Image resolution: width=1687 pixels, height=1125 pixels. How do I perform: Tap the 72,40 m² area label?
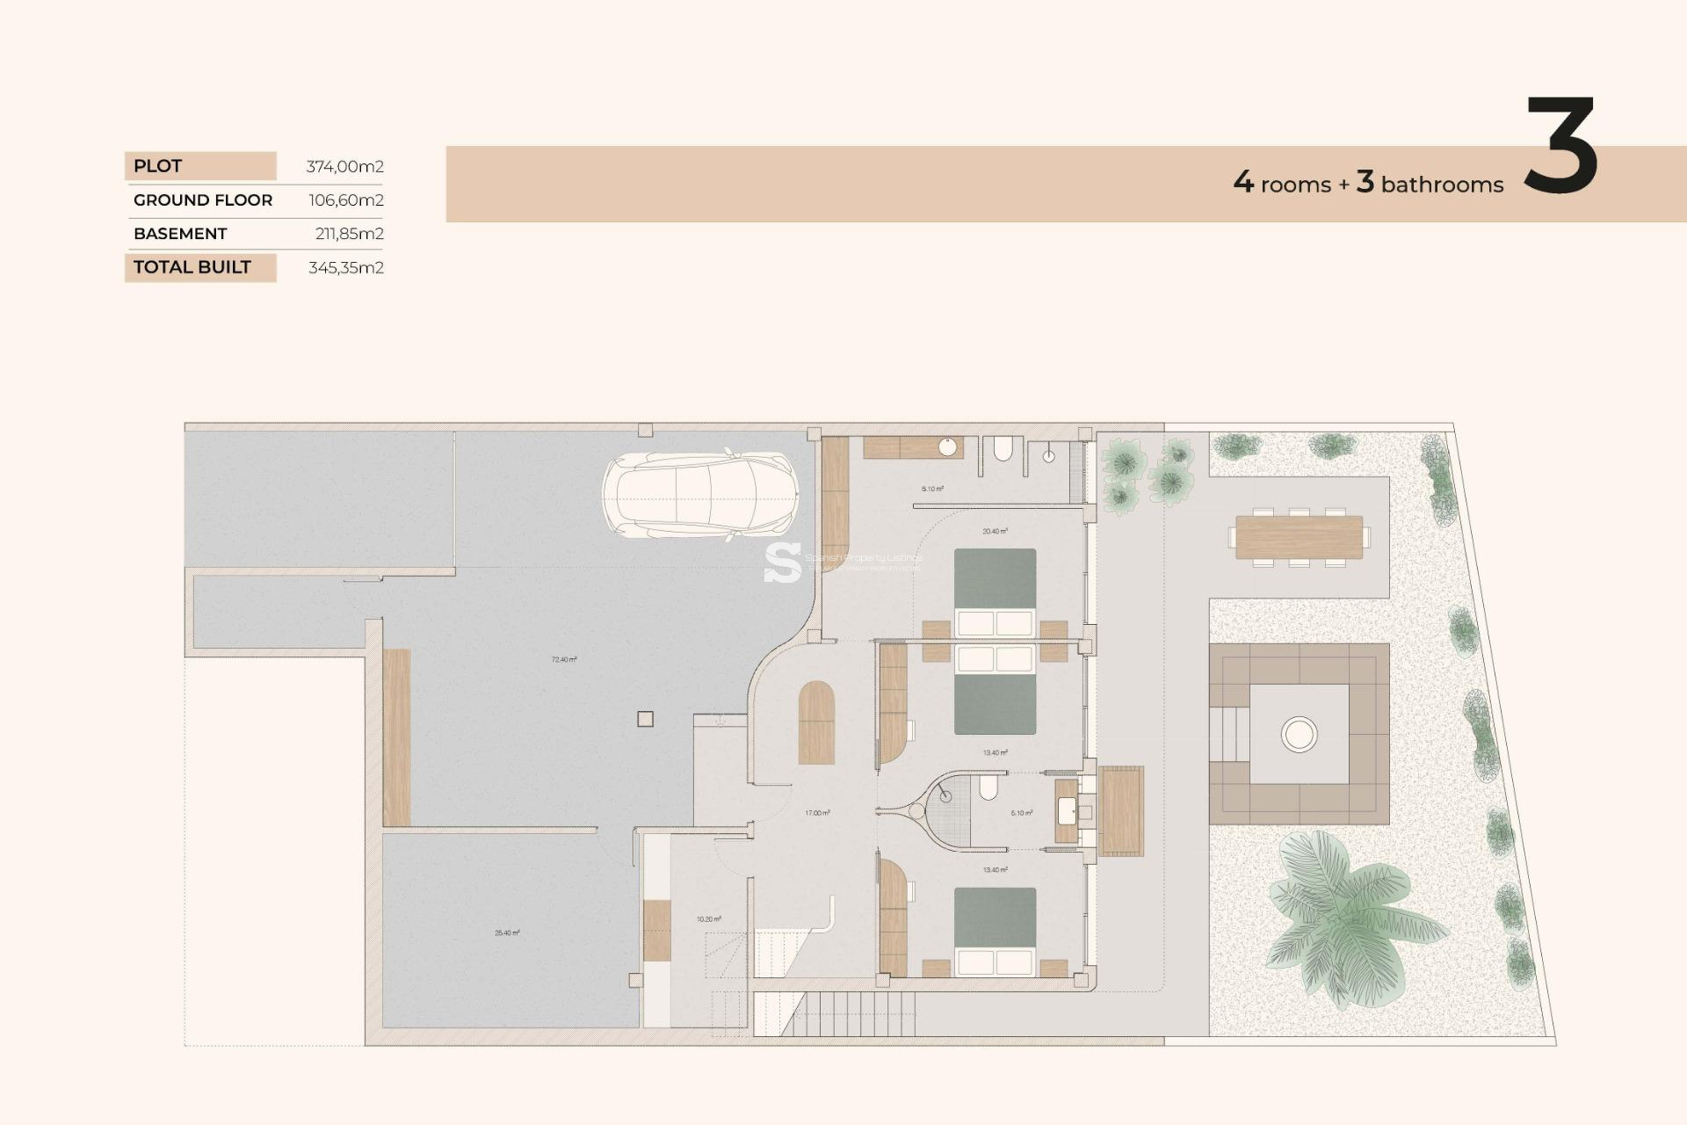click(564, 659)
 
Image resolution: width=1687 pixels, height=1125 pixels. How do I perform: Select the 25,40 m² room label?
click(507, 933)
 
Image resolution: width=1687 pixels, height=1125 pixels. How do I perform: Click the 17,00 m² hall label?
click(817, 813)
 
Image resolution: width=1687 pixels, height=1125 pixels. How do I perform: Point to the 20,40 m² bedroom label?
click(995, 531)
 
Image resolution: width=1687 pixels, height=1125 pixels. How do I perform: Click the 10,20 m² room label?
click(708, 919)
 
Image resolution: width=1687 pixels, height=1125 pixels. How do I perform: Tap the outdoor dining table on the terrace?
click(1299, 537)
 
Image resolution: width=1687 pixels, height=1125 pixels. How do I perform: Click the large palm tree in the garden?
click(1344, 918)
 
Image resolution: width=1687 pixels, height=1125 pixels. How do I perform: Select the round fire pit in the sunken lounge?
click(1299, 734)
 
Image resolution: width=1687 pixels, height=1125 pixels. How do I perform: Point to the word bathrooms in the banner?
click(1442, 185)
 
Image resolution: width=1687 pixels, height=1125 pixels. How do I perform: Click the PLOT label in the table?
click(158, 166)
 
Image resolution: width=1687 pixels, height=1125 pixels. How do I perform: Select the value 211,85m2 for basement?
click(349, 234)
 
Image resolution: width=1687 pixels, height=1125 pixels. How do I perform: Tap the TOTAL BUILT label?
click(192, 267)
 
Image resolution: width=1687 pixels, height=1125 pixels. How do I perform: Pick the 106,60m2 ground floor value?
click(345, 200)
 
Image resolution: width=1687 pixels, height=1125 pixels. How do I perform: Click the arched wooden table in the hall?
click(816, 722)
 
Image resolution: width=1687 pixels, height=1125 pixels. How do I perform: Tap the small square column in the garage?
click(645, 719)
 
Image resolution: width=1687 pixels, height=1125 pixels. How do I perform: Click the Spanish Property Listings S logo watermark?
click(782, 562)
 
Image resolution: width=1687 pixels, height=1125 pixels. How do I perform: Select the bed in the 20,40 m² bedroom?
click(995, 593)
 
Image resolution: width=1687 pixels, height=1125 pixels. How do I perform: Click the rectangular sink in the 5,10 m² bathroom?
click(1067, 810)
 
